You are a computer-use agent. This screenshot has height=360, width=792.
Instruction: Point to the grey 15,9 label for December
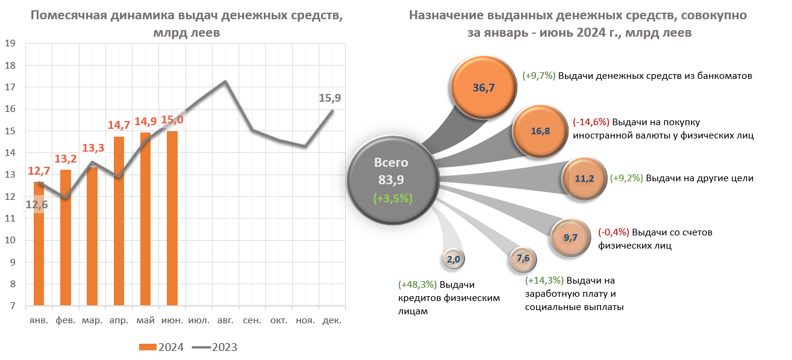pyautogui.click(x=330, y=97)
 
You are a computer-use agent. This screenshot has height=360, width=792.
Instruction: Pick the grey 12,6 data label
pyautogui.click(x=37, y=205)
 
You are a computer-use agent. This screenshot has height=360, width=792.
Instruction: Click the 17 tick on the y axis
pyautogui.click(x=10, y=87)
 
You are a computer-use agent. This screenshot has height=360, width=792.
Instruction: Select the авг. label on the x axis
pyautogui.click(x=225, y=320)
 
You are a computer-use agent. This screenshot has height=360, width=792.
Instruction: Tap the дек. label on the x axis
pyautogui.click(x=332, y=320)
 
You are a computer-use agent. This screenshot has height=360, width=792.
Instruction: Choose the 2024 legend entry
pyautogui.click(x=162, y=347)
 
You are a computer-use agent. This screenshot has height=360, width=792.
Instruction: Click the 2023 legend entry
pyautogui.click(x=215, y=347)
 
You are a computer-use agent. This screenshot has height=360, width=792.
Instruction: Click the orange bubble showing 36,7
pyautogui.click(x=484, y=88)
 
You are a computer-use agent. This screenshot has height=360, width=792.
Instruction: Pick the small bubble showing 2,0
pyautogui.click(x=454, y=259)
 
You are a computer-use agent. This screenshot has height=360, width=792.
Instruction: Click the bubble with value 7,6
pyautogui.click(x=522, y=258)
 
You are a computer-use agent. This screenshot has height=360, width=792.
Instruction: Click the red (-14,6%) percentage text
pyautogui.click(x=590, y=122)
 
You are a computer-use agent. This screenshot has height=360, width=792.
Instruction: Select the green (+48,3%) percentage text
pyautogui.click(x=417, y=285)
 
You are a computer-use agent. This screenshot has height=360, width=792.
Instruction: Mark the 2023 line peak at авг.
pyautogui.click(x=225, y=81)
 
